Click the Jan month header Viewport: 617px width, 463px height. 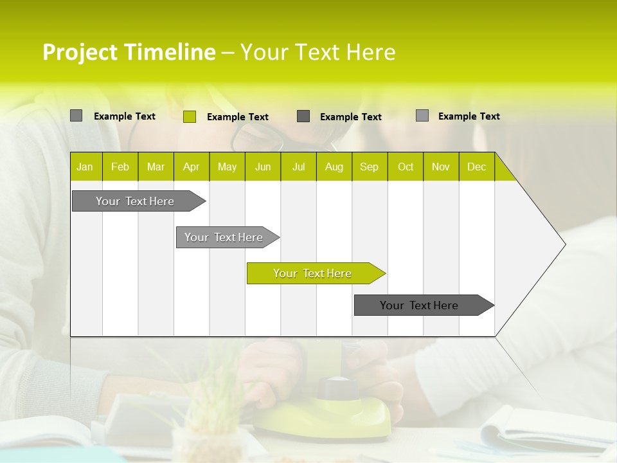(85, 167)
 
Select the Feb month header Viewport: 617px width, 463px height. (120, 167)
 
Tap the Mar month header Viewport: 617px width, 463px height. (156, 167)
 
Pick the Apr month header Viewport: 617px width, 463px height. (192, 167)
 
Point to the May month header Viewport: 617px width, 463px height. (227, 167)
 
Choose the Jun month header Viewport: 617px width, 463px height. (263, 167)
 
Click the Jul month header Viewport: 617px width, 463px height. (298, 167)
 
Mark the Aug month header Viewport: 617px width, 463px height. (334, 167)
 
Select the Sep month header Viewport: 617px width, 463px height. (370, 167)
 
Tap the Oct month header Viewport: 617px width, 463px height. (406, 167)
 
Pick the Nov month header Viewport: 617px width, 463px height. (441, 167)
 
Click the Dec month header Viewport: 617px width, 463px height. (477, 167)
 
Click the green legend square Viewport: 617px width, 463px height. (190, 116)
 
